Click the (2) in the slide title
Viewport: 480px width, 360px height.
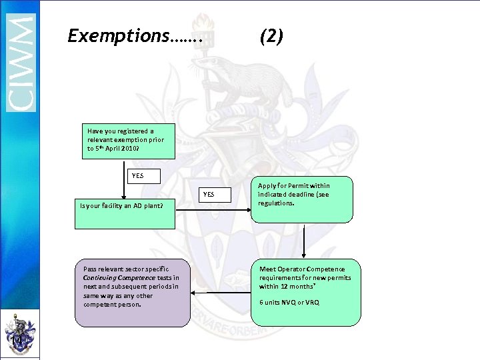(x=271, y=36)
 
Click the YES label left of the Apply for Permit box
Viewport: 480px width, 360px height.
(x=208, y=195)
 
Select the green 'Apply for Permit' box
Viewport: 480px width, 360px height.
(x=304, y=199)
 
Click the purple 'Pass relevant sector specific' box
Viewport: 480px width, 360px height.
(x=127, y=293)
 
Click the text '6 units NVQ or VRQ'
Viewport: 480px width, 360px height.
(x=289, y=302)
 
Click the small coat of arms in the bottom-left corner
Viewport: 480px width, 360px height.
(x=19, y=333)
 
